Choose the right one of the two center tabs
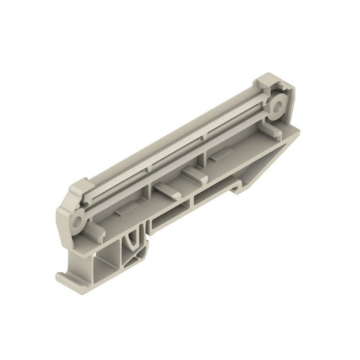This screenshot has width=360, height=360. pyautogui.click(x=192, y=175)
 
